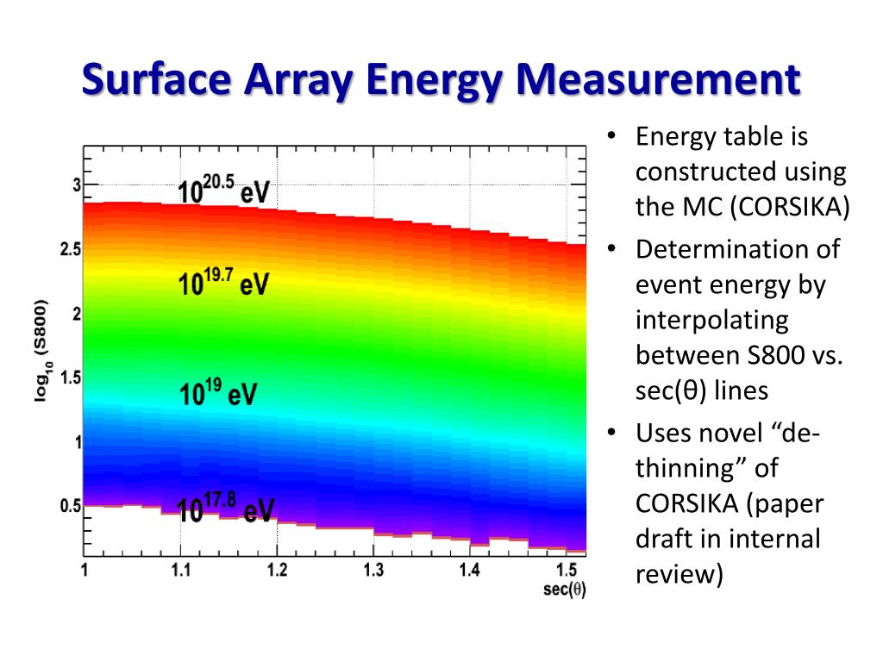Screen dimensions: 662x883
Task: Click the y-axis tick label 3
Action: click(x=76, y=184)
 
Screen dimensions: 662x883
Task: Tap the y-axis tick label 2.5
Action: click(x=72, y=249)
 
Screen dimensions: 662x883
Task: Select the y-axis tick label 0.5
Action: click(x=71, y=507)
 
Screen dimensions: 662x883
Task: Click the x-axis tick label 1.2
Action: click(x=277, y=571)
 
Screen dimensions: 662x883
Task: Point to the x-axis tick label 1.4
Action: click(x=470, y=571)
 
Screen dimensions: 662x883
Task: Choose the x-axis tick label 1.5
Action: click(x=566, y=571)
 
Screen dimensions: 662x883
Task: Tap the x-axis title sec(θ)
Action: click(x=565, y=590)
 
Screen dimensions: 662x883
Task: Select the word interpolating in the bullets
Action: click(x=711, y=320)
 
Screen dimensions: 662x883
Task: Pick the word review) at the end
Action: click(x=679, y=573)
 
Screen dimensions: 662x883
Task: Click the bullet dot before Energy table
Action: click(x=611, y=136)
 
